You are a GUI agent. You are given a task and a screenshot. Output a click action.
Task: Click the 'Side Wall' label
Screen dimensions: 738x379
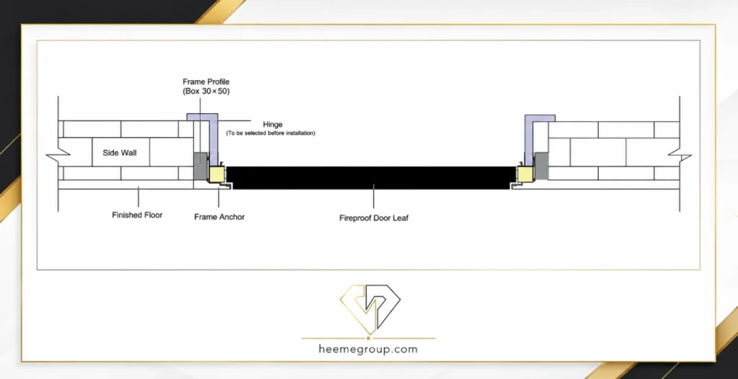tap(120, 153)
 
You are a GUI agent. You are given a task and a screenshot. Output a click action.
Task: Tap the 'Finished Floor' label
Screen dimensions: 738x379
tap(137, 215)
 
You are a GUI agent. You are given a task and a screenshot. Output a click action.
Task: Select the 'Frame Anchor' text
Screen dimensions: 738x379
tap(219, 217)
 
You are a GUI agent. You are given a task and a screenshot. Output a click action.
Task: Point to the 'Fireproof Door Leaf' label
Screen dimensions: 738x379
tap(374, 218)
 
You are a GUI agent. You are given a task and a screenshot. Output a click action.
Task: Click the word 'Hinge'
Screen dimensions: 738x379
tap(272, 125)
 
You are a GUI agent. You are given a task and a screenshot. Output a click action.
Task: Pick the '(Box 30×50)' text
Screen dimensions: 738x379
tap(206, 92)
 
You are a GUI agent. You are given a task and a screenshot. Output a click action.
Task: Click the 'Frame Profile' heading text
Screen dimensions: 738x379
tap(206, 82)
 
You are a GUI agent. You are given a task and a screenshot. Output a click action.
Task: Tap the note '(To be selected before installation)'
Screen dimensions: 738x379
tap(271, 133)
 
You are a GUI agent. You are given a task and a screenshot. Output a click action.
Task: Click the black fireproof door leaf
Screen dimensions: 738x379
tap(370, 177)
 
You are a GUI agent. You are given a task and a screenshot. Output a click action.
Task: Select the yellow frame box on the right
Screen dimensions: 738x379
tap(525, 173)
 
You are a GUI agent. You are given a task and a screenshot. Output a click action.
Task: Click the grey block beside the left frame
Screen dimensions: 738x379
tap(200, 165)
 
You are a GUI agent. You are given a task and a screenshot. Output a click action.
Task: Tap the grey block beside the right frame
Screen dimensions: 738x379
tap(542, 165)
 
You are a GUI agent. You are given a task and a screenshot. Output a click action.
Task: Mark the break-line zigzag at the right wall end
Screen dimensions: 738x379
tap(680, 154)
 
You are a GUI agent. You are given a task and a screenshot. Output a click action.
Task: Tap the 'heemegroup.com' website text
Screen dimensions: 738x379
tap(368, 349)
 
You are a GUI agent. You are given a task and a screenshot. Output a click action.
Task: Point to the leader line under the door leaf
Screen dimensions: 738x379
tap(374, 196)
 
